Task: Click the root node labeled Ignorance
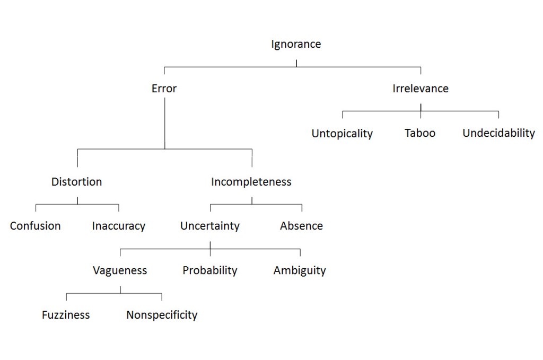(296, 44)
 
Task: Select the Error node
(164, 89)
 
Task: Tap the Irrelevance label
(420, 89)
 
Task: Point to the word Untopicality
(342, 134)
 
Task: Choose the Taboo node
(420, 133)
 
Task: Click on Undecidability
(498, 133)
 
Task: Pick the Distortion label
(77, 182)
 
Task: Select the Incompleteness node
(251, 182)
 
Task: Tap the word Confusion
(36, 226)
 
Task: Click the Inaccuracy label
(118, 226)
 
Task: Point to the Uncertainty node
(210, 226)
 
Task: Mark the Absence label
(301, 226)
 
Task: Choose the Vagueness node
(120, 270)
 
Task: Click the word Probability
(210, 270)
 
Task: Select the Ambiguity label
(300, 271)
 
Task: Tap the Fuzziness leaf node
(66, 315)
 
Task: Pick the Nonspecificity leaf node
(162, 315)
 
